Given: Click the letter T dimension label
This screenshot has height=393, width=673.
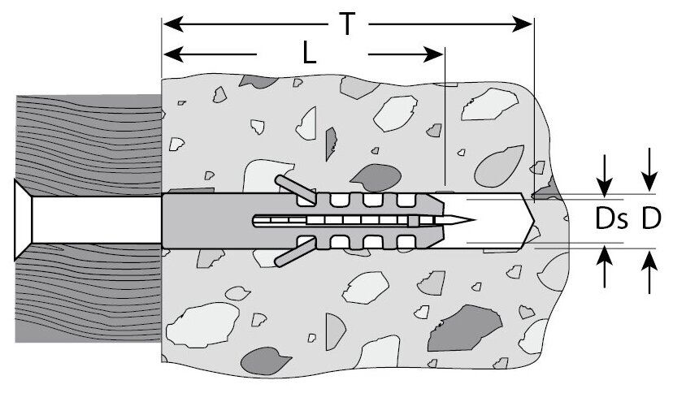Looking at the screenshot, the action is [347, 24].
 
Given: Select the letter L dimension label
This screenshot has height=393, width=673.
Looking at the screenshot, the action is [309, 54].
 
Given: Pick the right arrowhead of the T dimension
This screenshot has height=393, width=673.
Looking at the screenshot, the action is [524, 24].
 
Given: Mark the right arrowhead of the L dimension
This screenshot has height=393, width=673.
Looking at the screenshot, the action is [436, 54].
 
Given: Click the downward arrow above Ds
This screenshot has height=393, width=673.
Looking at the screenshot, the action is [604, 185].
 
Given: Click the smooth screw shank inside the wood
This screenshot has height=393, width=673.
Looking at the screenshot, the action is [89, 219].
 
